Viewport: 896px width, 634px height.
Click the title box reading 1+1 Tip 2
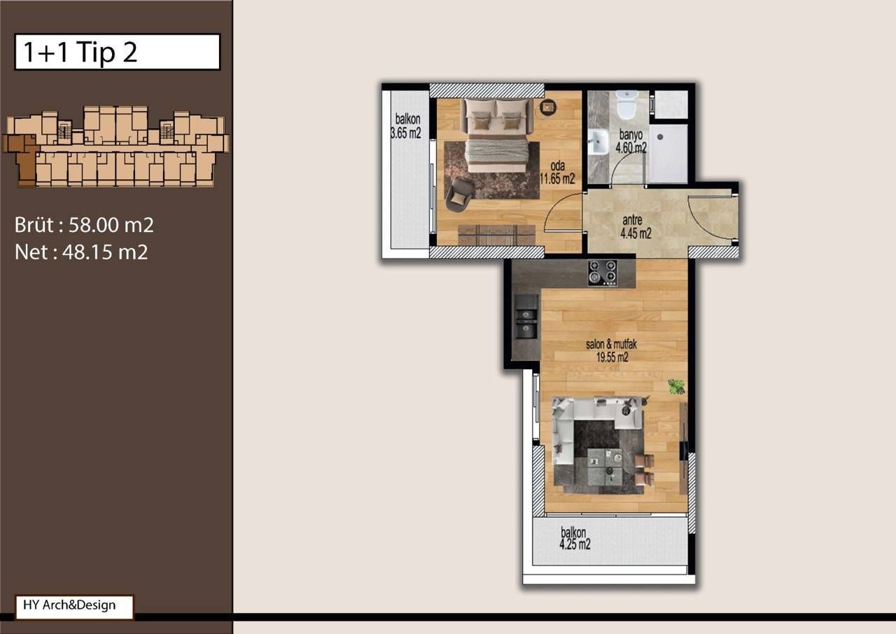pyautogui.click(x=117, y=52)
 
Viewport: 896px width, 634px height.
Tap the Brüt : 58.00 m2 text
pyautogui.click(x=84, y=225)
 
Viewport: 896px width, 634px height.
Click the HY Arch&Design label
pyautogui.click(x=73, y=606)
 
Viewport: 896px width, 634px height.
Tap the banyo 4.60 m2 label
pyautogui.click(x=630, y=142)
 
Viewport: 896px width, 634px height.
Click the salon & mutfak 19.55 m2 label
pyautogui.click(x=607, y=350)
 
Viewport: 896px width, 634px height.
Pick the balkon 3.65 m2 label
pyautogui.click(x=406, y=127)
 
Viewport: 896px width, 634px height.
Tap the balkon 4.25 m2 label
pyautogui.click(x=575, y=538)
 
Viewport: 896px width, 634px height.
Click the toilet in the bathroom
pyautogui.click(x=626, y=106)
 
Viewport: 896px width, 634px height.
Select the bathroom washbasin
pyautogui.click(x=598, y=143)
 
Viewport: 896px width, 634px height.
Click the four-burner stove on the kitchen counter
pyautogui.click(x=602, y=273)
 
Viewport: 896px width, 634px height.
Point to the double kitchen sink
pyautogui.click(x=526, y=317)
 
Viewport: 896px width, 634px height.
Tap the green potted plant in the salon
pyautogui.click(x=676, y=386)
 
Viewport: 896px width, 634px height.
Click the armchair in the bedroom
pyautogui.click(x=459, y=194)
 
